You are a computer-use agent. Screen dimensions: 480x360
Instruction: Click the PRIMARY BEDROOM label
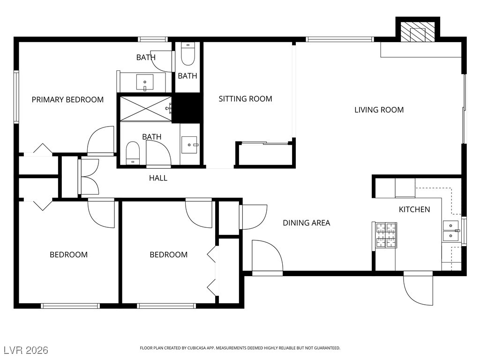(x=67, y=99)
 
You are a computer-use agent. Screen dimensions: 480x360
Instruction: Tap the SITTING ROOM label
(x=245, y=98)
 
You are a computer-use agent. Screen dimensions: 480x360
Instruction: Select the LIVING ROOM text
(x=379, y=110)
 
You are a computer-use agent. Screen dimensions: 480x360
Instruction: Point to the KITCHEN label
(x=414, y=210)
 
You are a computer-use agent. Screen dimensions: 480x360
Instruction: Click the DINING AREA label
(x=307, y=223)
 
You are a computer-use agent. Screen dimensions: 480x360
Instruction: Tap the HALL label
(x=158, y=178)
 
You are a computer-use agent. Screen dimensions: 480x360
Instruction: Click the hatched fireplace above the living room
(x=418, y=32)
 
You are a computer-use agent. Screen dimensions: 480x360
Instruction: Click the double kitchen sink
(x=451, y=231)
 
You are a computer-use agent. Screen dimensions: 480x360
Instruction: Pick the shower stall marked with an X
(x=146, y=108)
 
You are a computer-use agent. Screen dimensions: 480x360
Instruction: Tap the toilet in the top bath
(x=187, y=54)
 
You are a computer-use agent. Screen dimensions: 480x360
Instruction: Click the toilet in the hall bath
(x=133, y=153)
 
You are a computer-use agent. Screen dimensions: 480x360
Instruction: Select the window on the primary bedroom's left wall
(x=16, y=97)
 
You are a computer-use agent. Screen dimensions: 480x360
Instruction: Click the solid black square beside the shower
(x=187, y=108)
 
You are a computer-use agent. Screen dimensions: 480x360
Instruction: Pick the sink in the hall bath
(x=189, y=144)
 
